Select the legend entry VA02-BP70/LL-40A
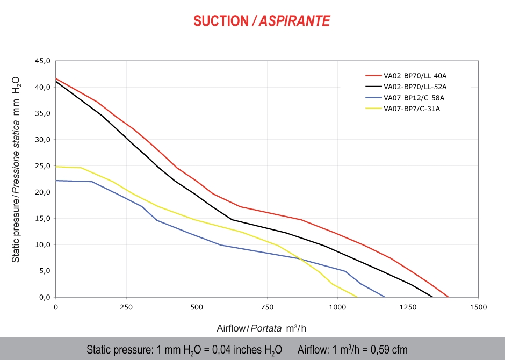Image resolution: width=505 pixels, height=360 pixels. coord(415,76)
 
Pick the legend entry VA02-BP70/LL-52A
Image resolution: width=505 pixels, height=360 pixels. coord(415,87)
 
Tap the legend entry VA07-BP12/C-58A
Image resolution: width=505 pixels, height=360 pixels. coord(414,98)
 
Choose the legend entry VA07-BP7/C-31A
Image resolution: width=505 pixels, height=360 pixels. coord(412,109)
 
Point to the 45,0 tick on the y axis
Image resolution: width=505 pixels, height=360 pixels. coord(42,61)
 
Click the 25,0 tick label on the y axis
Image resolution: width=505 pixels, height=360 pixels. coord(42,166)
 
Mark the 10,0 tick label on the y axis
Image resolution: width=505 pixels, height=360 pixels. coord(42,245)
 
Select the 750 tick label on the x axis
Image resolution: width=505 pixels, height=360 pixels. coord(267,307)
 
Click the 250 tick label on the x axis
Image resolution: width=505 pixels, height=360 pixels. coord(126,307)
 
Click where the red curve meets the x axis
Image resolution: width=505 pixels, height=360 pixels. coord(449,297)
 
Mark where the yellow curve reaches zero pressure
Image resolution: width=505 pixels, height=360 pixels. coord(357,297)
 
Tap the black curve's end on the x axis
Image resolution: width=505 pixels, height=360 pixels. coord(432,297)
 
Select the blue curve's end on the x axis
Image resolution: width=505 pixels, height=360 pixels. coord(385,297)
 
